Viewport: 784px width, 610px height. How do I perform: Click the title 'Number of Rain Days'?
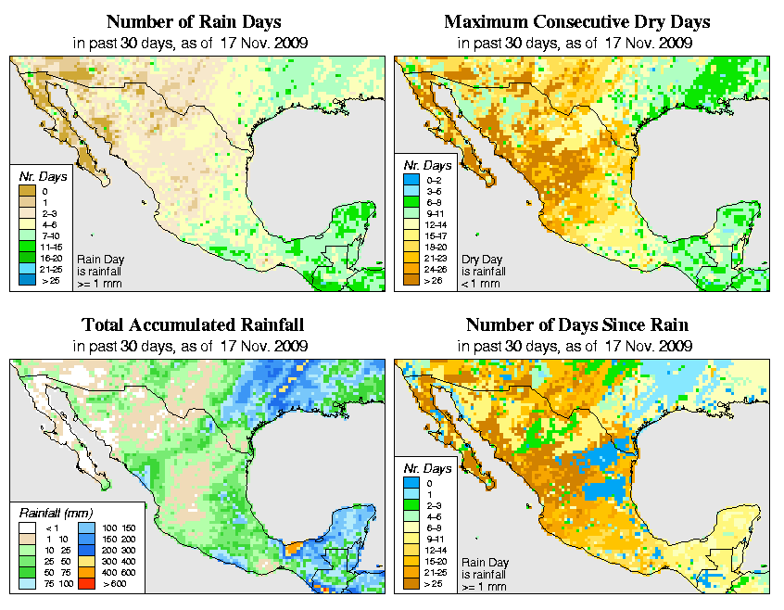click(x=194, y=21)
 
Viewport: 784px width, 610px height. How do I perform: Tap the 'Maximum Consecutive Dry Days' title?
click(x=577, y=21)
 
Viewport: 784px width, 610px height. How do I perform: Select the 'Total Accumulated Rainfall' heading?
click(x=193, y=325)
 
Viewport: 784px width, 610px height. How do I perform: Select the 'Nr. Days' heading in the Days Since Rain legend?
click(x=430, y=468)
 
